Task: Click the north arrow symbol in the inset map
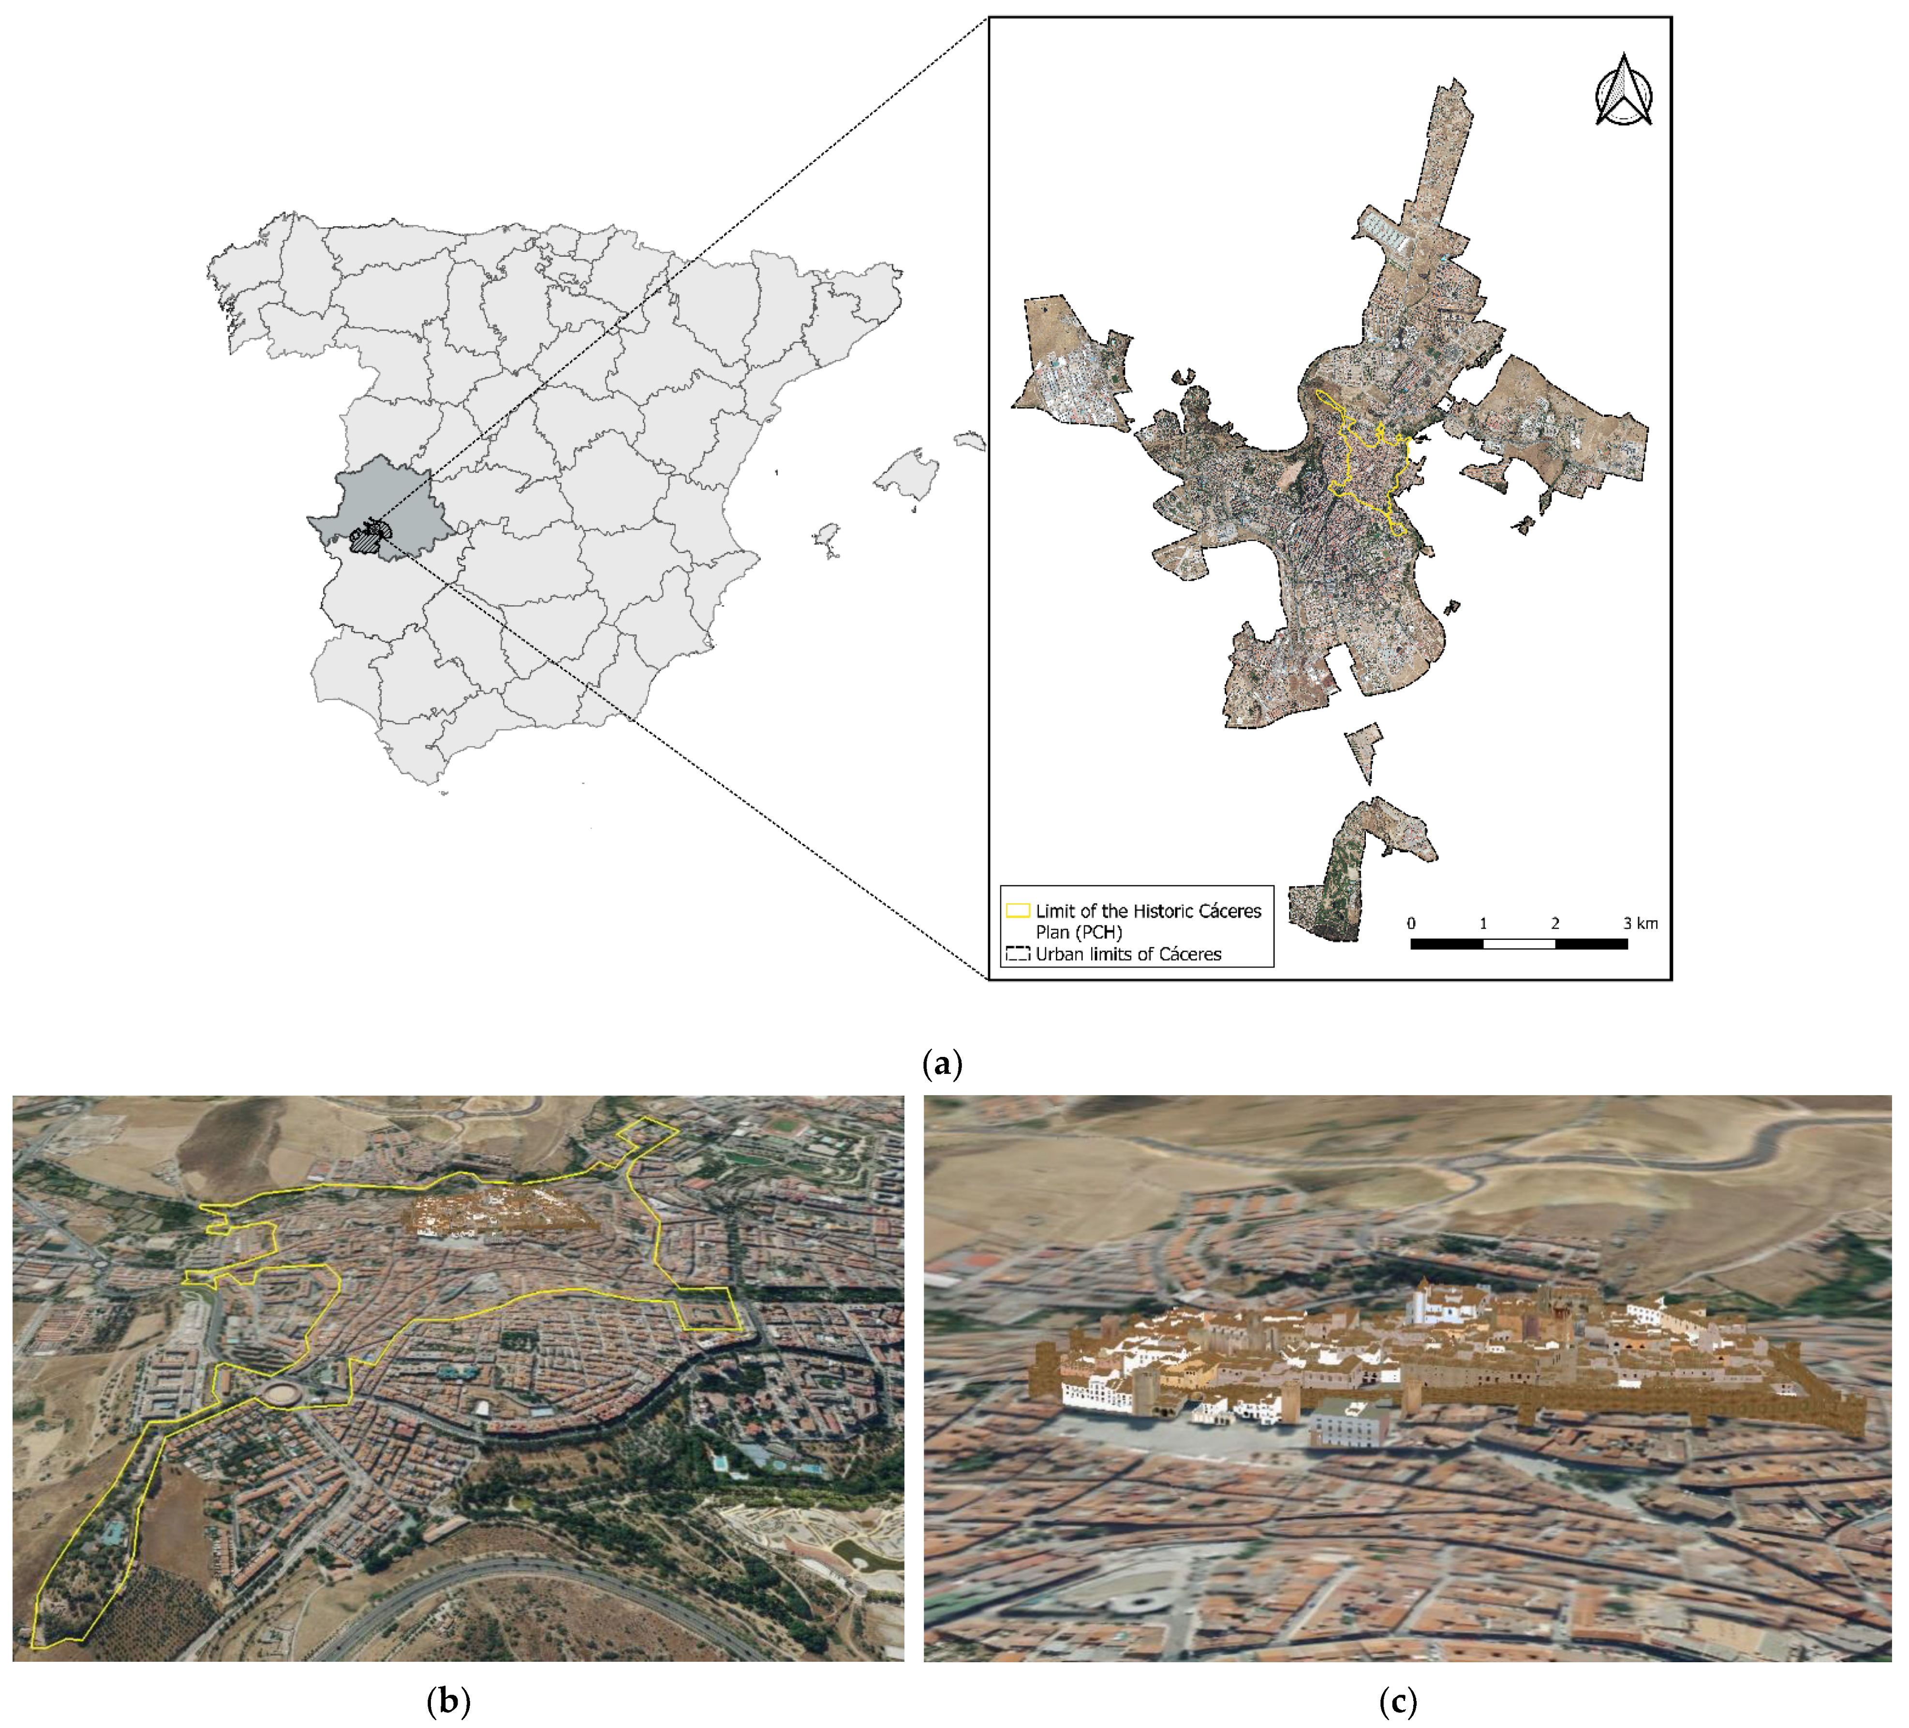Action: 1624,92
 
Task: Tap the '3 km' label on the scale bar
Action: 1641,923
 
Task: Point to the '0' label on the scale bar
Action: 1411,923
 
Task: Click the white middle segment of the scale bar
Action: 1519,944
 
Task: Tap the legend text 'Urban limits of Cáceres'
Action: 1128,954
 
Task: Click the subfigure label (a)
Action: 942,1063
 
